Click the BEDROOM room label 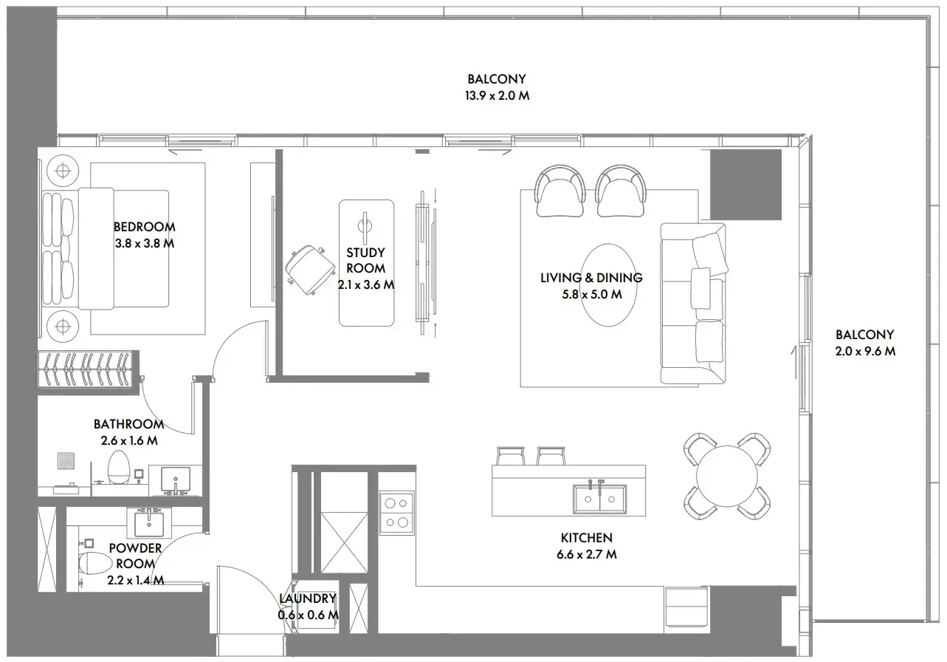(x=144, y=227)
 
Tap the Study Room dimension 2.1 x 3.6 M (x=366, y=285)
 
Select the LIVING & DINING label (x=591, y=278)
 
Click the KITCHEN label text (x=586, y=538)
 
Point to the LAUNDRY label (x=308, y=598)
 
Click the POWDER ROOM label (x=135, y=556)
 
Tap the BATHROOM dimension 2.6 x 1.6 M (x=129, y=440)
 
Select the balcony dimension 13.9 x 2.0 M (x=497, y=95)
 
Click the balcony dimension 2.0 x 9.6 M (x=865, y=351)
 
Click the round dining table (x=727, y=477)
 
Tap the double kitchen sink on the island (x=600, y=499)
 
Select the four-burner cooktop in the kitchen (x=396, y=513)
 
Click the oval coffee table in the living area (x=608, y=285)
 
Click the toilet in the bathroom (x=119, y=467)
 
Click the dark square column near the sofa (x=745, y=185)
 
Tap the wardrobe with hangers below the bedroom (x=89, y=369)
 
